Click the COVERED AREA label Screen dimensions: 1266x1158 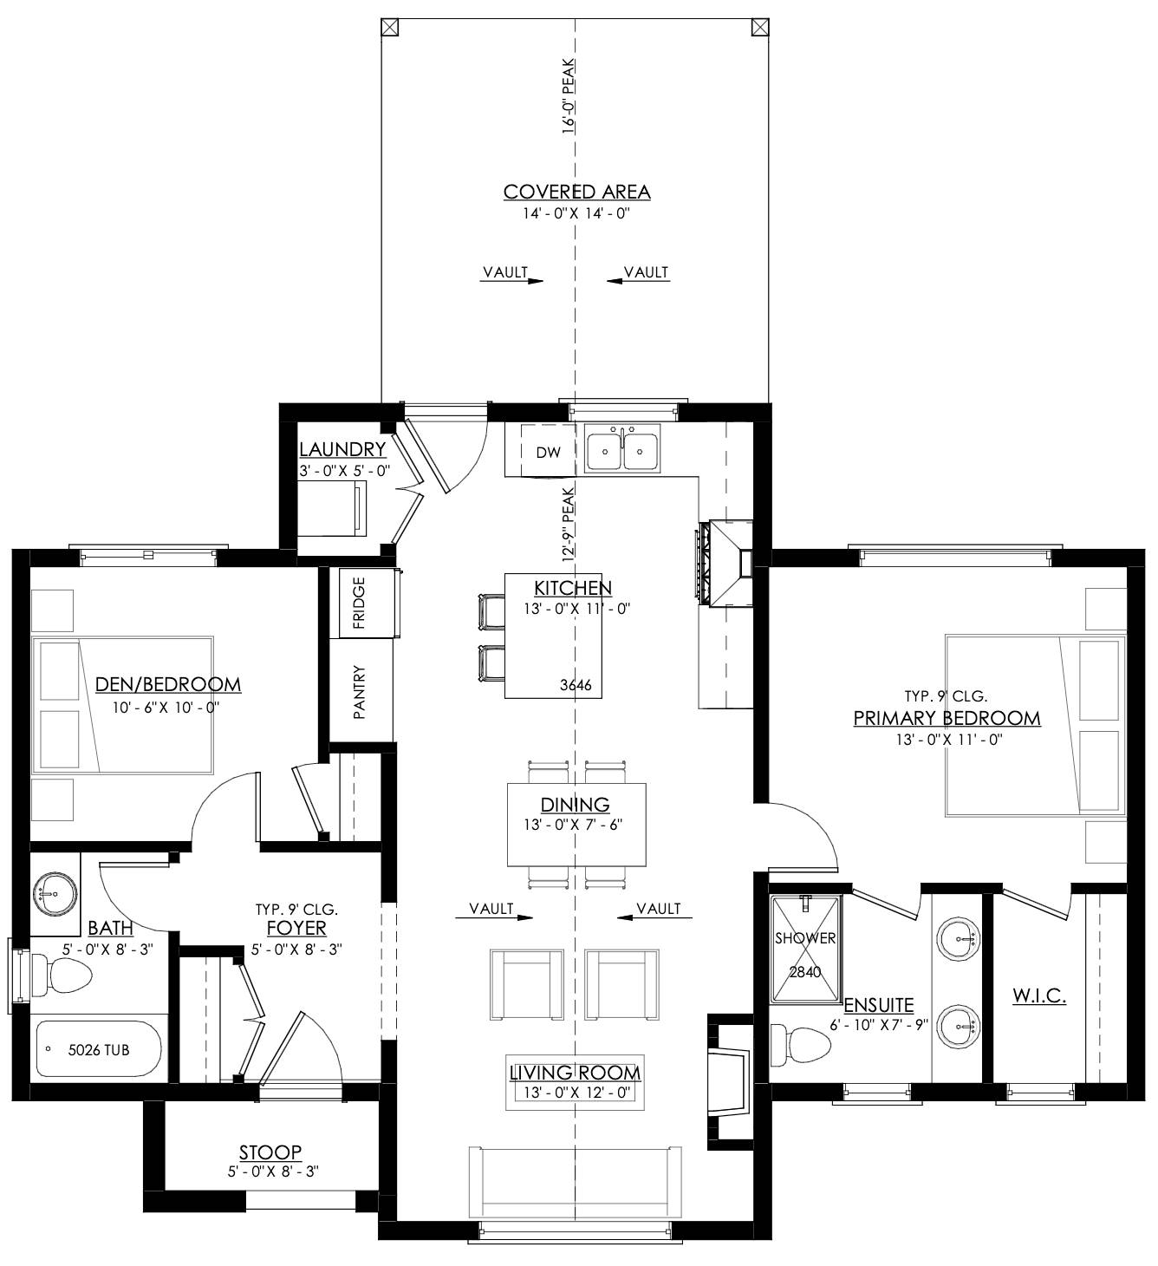576,192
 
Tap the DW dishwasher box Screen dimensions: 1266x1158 547,452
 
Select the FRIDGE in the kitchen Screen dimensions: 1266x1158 359,603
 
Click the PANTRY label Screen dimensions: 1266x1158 360,691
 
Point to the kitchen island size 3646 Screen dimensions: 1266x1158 576,686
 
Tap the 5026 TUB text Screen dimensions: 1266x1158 99,1050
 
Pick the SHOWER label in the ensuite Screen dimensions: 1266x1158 804,938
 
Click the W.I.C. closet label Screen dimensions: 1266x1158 1039,996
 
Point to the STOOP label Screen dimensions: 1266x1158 270,1152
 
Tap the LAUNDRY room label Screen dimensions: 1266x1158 342,449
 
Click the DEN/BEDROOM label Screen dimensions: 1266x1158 167,684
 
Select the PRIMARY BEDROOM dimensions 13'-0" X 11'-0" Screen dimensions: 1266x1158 947,740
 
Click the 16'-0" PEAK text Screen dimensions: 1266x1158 569,95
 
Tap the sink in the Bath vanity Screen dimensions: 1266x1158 55,892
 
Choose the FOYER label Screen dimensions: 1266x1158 296,928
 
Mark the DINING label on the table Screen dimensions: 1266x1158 575,805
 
